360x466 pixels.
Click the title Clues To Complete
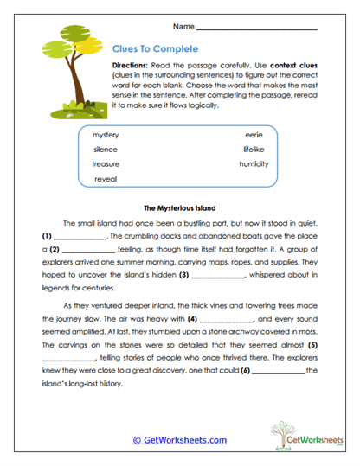(x=156, y=48)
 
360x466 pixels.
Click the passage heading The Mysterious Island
(x=179, y=208)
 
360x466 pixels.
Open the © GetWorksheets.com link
(x=179, y=440)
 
